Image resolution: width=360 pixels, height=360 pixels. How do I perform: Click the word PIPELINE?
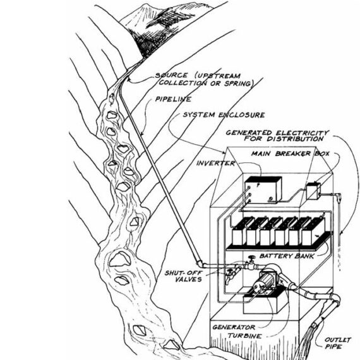click(173, 99)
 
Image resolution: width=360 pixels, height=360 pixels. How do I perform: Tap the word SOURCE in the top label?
click(171, 75)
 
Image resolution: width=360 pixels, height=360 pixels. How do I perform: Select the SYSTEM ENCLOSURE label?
click(224, 114)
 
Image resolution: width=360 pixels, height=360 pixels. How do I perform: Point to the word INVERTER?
click(215, 163)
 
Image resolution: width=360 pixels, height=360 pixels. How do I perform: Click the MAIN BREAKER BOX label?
click(290, 153)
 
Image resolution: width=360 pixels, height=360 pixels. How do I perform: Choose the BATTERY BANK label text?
click(287, 256)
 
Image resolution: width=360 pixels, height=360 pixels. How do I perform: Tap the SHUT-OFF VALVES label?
click(184, 276)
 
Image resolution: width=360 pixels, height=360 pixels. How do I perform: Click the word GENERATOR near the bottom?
click(234, 327)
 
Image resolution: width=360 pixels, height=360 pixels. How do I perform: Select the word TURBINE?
click(245, 336)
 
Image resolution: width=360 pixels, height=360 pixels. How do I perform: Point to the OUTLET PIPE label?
click(337, 343)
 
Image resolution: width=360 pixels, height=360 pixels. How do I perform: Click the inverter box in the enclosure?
click(263, 189)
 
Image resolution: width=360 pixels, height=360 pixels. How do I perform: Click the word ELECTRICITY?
click(303, 133)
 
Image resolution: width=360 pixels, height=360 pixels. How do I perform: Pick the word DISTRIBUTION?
click(295, 139)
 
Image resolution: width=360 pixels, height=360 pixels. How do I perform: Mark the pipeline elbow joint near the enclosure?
click(200, 263)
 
